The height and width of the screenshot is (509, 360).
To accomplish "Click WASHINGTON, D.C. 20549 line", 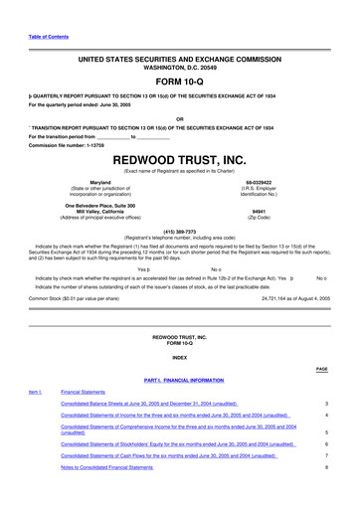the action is click(x=179, y=67).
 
